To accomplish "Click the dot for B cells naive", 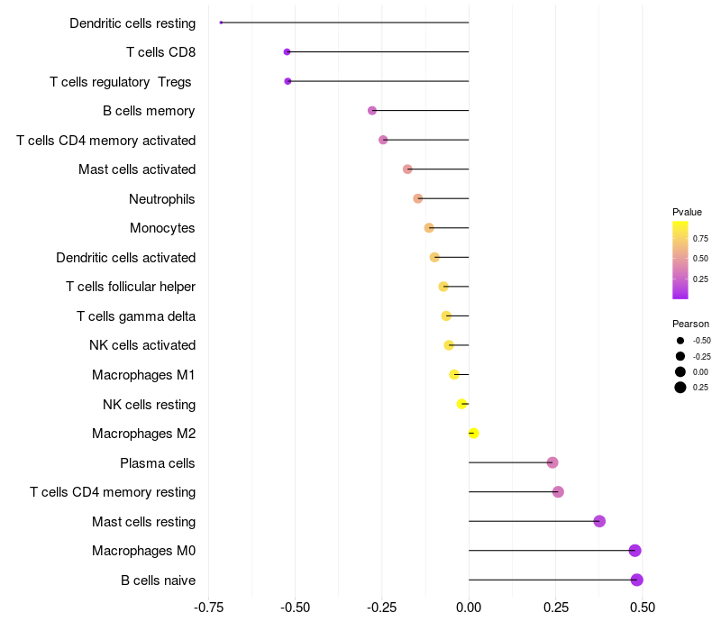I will (x=636, y=580).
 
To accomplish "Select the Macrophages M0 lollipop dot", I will (x=634, y=550).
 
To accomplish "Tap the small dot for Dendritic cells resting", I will (x=221, y=23).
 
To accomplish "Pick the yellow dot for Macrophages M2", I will (x=473, y=433).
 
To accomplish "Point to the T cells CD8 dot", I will (x=287, y=52).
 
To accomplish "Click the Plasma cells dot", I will (x=552, y=462).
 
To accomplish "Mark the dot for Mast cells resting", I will (x=599, y=521).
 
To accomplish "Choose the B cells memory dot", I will (x=372, y=111).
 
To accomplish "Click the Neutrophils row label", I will (x=162, y=198).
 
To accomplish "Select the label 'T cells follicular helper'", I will (x=131, y=287).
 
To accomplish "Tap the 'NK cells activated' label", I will (x=142, y=345).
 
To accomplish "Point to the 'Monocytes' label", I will (x=162, y=228).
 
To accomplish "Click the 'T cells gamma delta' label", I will (x=136, y=315).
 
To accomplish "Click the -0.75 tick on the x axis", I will (x=209, y=607).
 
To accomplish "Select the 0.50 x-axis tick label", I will (x=643, y=607).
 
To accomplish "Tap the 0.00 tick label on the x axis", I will (x=469, y=607).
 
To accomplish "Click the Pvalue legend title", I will (x=687, y=212).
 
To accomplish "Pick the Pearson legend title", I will (x=690, y=324).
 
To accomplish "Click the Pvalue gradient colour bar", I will (x=680, y=260).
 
